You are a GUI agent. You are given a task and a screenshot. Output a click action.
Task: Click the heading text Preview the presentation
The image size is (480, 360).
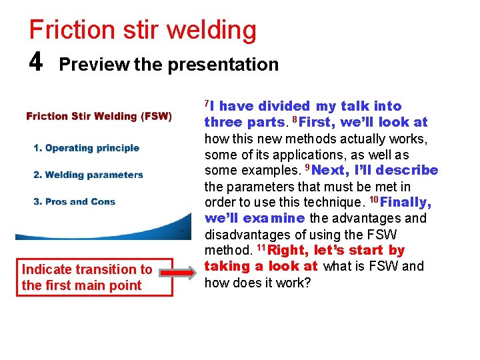click(169, 65)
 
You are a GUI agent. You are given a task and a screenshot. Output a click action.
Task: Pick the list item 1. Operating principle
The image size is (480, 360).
click(87, 148)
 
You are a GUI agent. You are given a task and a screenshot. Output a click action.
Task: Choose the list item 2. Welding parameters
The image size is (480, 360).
click(89, 175)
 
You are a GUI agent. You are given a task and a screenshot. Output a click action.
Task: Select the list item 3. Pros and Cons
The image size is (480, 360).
click(75, 201)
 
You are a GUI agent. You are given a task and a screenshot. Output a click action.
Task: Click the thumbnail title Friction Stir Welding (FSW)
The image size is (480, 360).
click(99, 117)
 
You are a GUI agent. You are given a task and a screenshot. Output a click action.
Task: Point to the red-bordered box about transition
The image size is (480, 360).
click(87, 277)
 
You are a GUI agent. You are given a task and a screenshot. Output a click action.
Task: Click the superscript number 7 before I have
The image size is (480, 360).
click(207, 102)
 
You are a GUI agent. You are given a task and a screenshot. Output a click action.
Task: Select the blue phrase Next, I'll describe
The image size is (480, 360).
click(377, 170)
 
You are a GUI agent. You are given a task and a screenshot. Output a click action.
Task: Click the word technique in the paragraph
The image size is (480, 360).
click(330, 202)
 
